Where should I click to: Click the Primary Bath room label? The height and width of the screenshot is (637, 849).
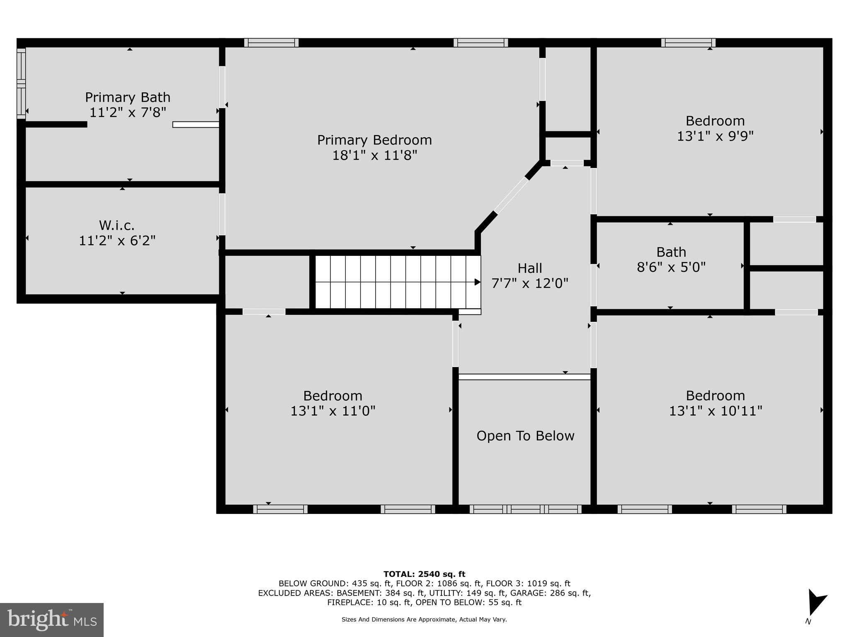pos(128,97)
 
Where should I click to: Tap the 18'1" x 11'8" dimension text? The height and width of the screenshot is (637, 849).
pos(374,156)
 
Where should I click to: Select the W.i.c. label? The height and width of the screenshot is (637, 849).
pos(117,226)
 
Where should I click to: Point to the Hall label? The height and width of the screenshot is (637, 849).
pos(530,268)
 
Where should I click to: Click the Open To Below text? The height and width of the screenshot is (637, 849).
pos(525,436)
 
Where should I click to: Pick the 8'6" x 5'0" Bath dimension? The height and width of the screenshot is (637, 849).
pos(671,267)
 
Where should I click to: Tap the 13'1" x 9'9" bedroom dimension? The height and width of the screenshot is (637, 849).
pos(715,136)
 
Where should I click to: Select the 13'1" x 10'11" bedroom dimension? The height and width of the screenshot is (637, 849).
pos(716,411)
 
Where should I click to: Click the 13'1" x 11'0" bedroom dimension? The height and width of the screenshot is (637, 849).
pos(333,411)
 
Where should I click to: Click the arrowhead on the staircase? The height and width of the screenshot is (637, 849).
pos(477,282)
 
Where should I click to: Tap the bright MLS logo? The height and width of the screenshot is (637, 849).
pos(52,620)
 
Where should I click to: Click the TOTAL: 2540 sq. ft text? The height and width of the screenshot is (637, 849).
pos(424,574)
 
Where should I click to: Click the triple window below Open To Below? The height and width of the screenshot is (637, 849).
pos(525,509)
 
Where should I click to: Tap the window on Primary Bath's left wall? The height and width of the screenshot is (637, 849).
pos(21,83)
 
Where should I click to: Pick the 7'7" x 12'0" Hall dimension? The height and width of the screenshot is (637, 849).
pos(530,284)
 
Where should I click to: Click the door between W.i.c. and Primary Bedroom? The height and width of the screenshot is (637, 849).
pos(222,214)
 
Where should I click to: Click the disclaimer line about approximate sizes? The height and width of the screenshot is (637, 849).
pos(424,620)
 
